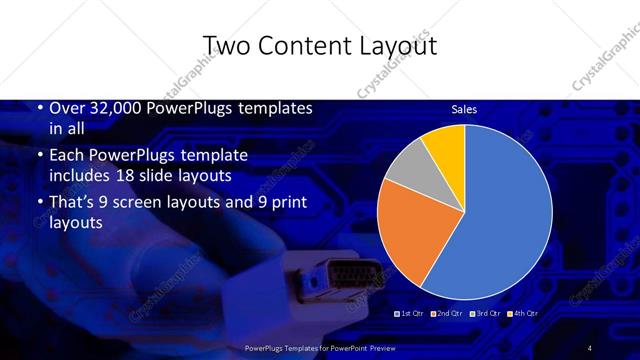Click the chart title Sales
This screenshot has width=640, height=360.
(x=464, y=109)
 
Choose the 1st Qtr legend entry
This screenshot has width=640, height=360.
(x=412, y=313)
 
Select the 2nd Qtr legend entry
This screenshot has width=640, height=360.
(x=449, y=313)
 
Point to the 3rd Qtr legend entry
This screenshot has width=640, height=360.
(x=486, y=313)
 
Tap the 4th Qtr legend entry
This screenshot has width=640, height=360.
(x=523, y=313)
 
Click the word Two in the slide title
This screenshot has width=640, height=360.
(x=225, y=46)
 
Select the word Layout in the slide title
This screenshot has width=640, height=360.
(x=392, y=46)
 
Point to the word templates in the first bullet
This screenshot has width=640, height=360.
(x=276, y=108)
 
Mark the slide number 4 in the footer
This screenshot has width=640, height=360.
(x=590, y=346)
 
